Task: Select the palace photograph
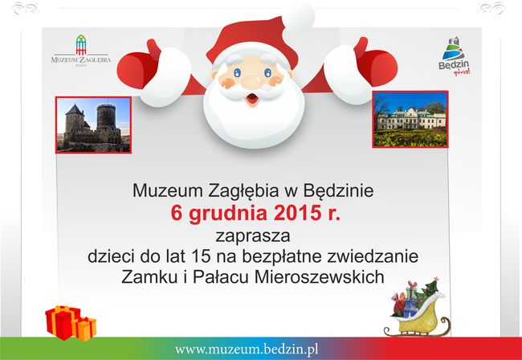point(410,119)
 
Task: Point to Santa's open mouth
point(251,100)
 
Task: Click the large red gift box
point(61,321)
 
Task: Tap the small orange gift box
point(85,327)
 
